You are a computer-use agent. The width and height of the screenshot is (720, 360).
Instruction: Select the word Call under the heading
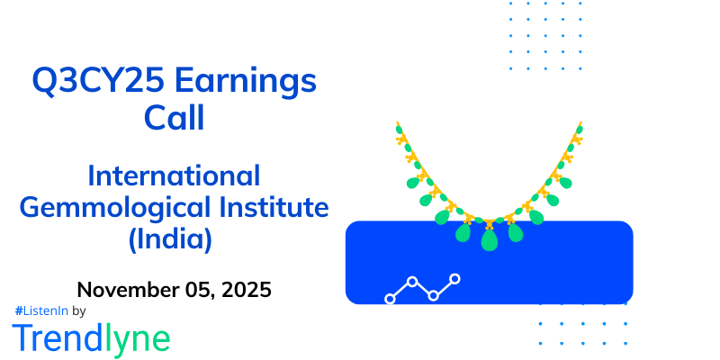175,117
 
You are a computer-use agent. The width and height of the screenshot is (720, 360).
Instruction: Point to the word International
175,175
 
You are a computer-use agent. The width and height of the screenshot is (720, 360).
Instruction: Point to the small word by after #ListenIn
78,311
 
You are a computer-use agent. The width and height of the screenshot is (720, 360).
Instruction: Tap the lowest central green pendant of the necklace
490,240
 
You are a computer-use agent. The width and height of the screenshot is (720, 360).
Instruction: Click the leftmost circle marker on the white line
390,297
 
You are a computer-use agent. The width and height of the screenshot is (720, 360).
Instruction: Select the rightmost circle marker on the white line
455,279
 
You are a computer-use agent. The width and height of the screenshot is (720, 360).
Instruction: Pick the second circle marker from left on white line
412,282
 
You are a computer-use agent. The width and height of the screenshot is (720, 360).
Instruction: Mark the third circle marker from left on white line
434,295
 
